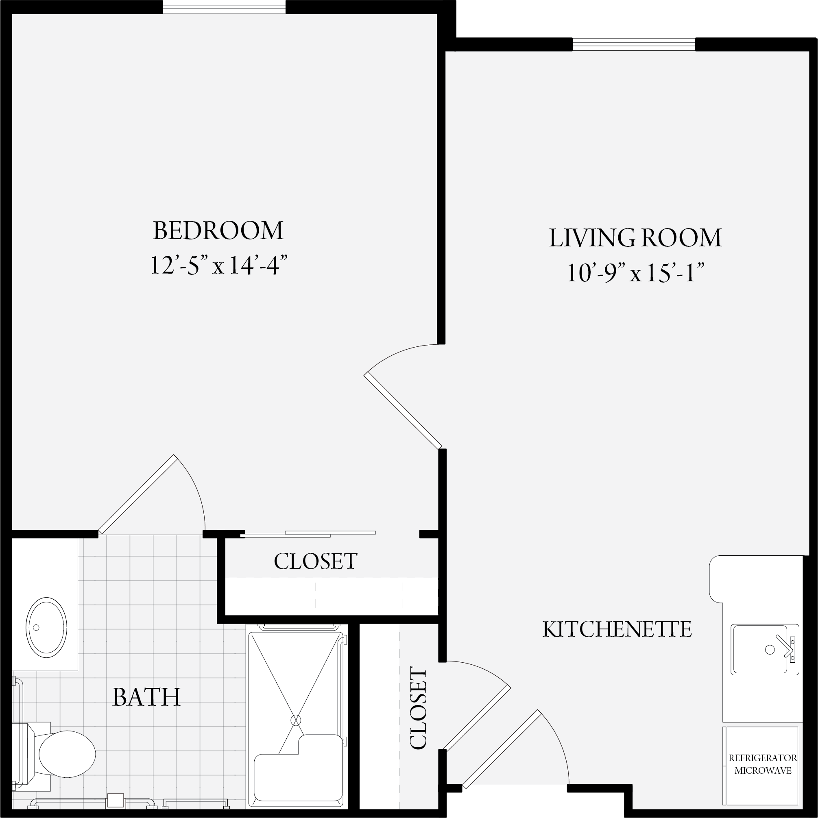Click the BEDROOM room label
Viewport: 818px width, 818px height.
click(x=218, y=231)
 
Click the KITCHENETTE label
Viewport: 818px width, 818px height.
click(x=617, y=630)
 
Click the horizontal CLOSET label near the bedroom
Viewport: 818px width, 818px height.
click(x=316, y=561)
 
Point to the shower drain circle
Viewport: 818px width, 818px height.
click(x=296, y=720)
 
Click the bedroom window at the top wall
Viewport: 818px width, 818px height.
click(x=225, y=7)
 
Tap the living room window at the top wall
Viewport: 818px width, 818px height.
click(x=634, y=44)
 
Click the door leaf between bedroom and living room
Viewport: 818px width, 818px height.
click(x=403, y=410)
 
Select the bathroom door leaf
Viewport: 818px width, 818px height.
click(x=137, y=494)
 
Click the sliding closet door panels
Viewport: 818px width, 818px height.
click(x=308, y=534)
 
